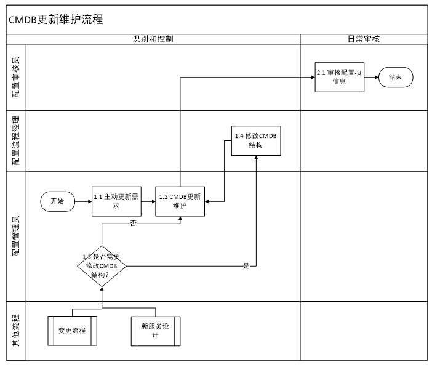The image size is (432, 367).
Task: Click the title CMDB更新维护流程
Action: pos(56,20)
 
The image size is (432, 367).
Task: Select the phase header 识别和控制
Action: pos(153,39)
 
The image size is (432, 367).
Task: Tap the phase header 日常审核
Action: pos(364,39)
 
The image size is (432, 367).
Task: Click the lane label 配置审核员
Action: pos(16,77)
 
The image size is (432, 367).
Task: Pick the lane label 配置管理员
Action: pos(16,235)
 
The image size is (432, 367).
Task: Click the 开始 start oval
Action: pos(57,201)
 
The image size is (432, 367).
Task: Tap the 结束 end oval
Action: pos(396,77)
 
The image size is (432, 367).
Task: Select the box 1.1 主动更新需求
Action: pos(118,201)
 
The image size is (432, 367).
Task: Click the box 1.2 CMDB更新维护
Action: pos(180,201)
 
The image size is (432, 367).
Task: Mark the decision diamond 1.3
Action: pos(102,266)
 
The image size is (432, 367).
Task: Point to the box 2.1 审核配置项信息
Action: pos(340,77)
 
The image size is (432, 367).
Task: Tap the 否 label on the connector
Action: pos(133,224)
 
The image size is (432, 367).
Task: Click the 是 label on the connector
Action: pos(247,266)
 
